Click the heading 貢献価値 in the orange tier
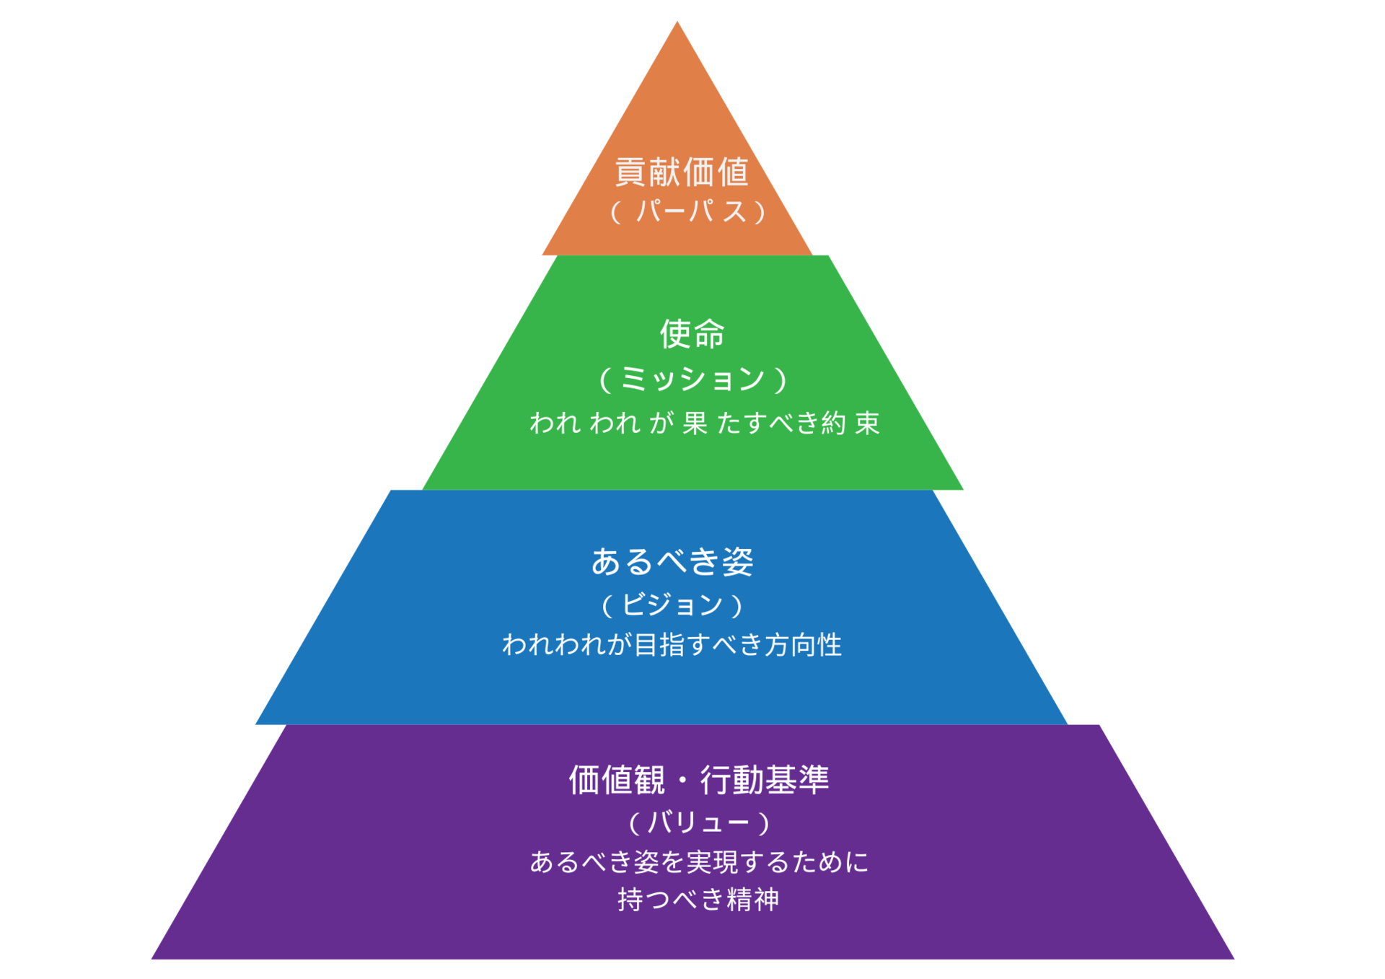click(681, 172)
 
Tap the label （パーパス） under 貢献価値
click(687, 212)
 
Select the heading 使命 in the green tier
click(692, 334)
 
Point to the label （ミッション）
click(692, 379)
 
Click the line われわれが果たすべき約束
click(705, 423)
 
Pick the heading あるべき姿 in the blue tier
click(672, 561)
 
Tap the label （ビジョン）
click(672, 605)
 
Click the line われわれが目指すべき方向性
click(672, 645)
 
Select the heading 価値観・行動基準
click(698, 780)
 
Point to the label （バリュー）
click(698, 822)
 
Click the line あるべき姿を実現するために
click(699, 862)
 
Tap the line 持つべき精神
click(698, 900)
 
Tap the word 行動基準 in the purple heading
click(765, 780)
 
